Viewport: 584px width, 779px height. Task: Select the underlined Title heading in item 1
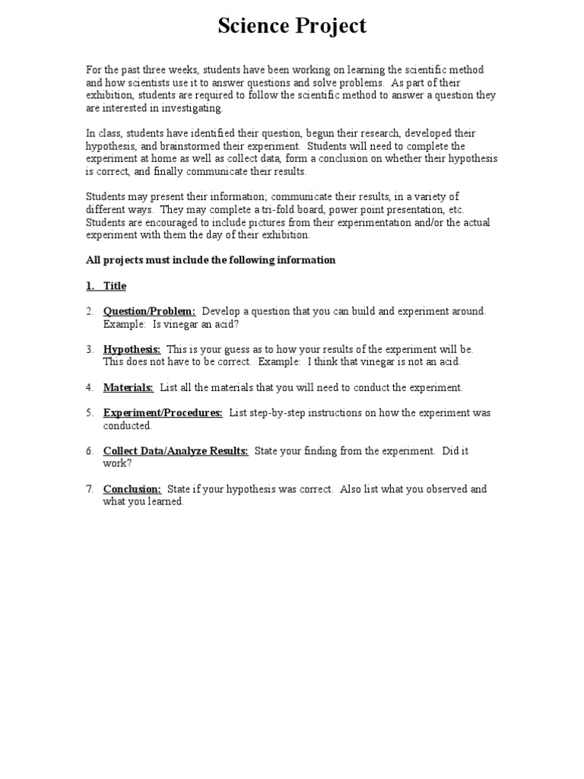(x=115, y=286)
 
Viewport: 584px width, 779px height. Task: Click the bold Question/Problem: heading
(x=149, y=311)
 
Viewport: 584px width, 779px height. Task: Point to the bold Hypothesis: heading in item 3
(x=132, y=349)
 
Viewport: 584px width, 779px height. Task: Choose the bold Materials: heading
(x=128, y=387)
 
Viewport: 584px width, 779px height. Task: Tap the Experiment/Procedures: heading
(x=163, y=413)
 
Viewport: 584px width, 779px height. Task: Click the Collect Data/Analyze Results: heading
(x=176, y=451)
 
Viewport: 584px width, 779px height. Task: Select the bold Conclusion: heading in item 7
(x=132, y=489)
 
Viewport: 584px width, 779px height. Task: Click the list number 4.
(x=89, y=387)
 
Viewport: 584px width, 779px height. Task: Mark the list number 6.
(x=89, y=451)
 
